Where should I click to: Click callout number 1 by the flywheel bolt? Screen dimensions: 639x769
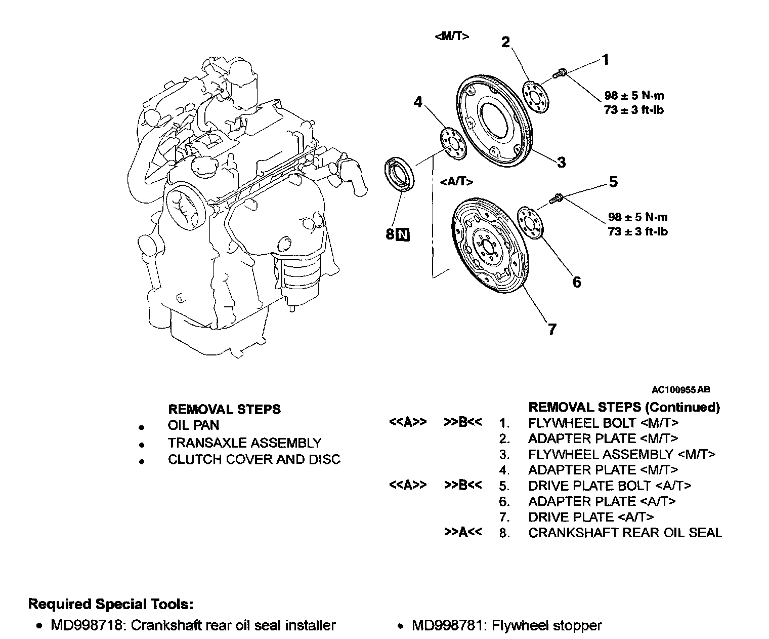(x=605, y=60)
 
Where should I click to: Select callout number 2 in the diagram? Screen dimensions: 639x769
(x=505, y=42)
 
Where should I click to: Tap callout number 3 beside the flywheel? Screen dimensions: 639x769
(x=561, y=162)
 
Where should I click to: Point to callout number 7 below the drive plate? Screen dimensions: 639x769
(x=552, y=329)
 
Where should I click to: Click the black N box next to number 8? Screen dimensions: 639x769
(x=403, y=234)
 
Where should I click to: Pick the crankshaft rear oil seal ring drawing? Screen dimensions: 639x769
(x=400, y=175)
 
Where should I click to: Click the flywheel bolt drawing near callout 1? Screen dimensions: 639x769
(x=559, y=74)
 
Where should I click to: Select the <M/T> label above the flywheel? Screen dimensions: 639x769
(x=452, y=36)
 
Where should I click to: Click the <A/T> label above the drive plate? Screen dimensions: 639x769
(x=457, y=181)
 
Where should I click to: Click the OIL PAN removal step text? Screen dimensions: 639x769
(x=193, y=426)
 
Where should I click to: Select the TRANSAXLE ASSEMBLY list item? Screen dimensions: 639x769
(x=244, y=443)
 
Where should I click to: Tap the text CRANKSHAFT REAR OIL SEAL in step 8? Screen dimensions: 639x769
(x=625, y=533)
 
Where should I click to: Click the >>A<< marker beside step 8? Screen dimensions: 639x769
(x=462, y=533)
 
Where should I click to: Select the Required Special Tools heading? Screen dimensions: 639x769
(x=111, y=604)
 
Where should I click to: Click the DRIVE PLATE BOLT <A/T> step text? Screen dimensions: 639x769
(x=610, y=486)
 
